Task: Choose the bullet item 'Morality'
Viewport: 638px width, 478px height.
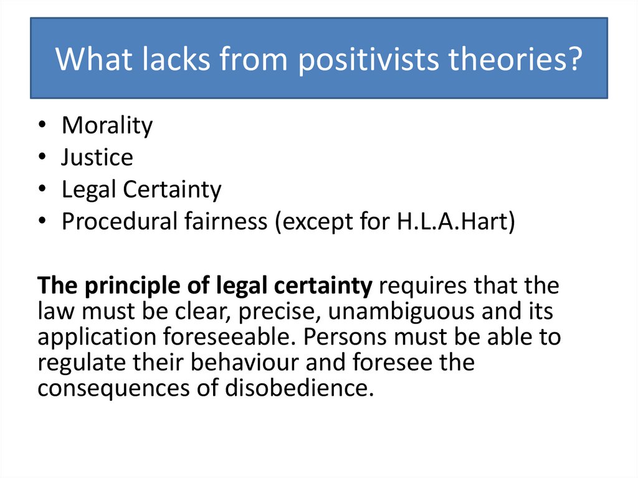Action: click(107, 126)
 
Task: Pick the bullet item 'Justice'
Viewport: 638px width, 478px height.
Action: click(97, 158)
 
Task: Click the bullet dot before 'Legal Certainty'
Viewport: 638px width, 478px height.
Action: click(41, 190)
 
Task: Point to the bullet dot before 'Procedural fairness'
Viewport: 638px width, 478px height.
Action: click(41, 222)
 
